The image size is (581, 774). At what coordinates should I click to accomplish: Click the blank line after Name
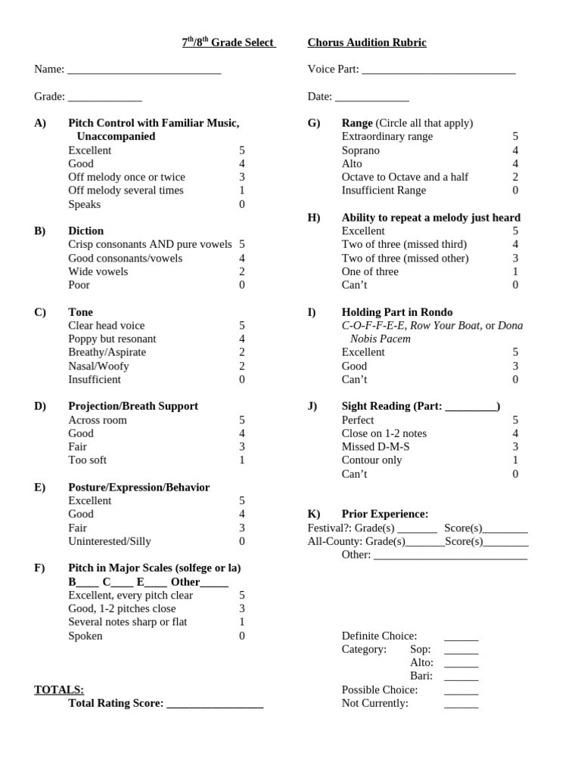pyautogui.click(x=144, y=70)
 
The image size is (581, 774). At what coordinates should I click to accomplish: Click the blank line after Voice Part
pyautogui.click(x=438, y=70)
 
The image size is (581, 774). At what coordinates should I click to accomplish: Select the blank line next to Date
pyautogui.click(x=371, y=98)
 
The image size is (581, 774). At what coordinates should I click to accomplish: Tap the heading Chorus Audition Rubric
pyautogui.click(x=367, y=43)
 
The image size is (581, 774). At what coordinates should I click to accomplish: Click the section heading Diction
pyautogui.click(x=85, y=231)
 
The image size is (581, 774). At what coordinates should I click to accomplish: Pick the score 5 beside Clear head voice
pyautogui.click(x=242, y=326)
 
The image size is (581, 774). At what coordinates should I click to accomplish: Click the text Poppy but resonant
pyautogui.click(x=112, y=339)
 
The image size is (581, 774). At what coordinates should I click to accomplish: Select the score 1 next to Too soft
pyautogui.click(x=242, y=460)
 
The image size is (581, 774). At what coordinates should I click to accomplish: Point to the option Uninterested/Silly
pyautogui.click(x=110, y=541)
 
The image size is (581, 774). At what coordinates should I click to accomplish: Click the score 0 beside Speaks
pyautogui.click(x=242, y=205)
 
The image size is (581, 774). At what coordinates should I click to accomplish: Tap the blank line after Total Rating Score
pyautogui.click(x=215, y=704)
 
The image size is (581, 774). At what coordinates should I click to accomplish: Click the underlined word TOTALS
pyautogui.click(x=59, y=690)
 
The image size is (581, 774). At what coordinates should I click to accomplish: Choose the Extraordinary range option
pyautogui.click(x=387, y=137)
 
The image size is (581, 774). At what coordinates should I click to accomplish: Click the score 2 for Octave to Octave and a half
pyautogui.click(x=515, y=177)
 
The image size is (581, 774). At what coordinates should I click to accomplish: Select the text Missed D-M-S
pyautogui.click(x=376, y=447)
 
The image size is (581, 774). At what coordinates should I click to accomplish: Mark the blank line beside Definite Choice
pyautogui.click(x=461, y=637)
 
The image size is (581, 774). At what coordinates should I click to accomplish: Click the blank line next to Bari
pyautogui.click(x=461, y=677)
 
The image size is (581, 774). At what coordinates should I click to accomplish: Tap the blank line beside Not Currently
pyautogui.click(x=461, y=704)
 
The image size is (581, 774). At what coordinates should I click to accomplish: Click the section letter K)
pyautogui.click(x=314, y=514)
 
